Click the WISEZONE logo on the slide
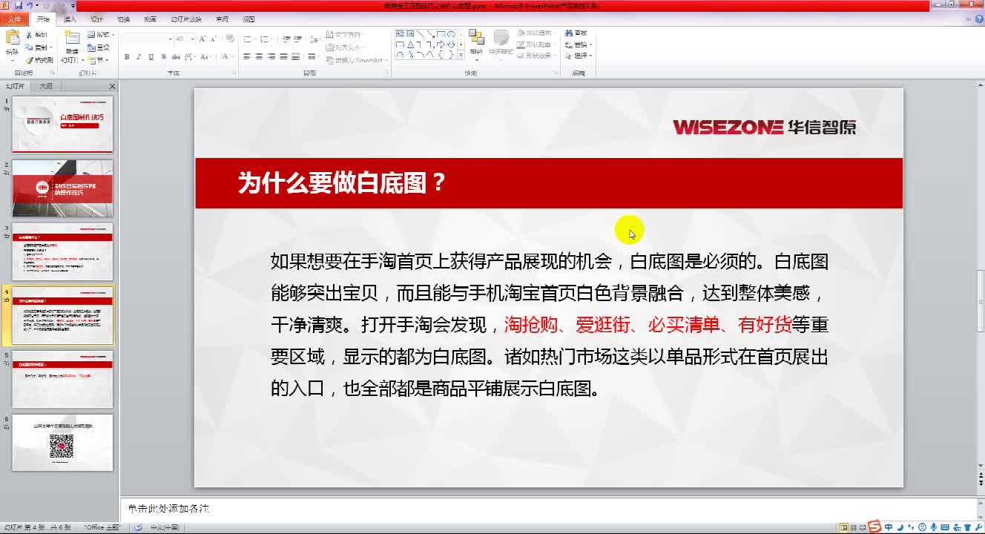tap(764, 127)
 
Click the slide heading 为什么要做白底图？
tap(342, 183)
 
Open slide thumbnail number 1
tap(62, 124)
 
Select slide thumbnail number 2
tap(62, 188)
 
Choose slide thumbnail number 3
tap(62, 251)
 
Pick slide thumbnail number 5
tap(62, 379)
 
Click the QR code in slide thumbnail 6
tap(62, 446)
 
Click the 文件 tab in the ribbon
tap(15, 19)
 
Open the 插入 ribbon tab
tap(70, 19)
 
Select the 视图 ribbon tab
tap(248, 19)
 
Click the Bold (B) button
tap(127, 57)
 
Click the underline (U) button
tap(151, 57)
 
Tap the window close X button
tap(972, 6)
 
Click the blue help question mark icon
tap(978, 19)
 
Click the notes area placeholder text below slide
tap(168, 509)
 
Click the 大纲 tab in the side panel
tap(46, 86)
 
